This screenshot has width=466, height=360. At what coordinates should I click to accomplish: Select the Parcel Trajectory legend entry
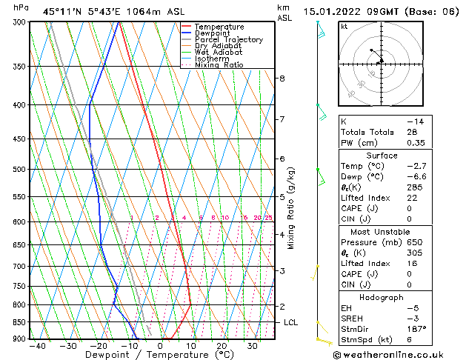[228, 40]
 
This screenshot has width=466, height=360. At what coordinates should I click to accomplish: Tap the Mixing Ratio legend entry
[219, 65]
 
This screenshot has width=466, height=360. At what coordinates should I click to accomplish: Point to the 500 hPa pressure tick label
[20, 170]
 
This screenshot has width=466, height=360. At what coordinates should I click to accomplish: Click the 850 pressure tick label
[20, 322]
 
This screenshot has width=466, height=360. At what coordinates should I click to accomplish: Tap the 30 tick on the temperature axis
[253, 346]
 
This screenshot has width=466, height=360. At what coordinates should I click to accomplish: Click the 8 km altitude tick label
[282, 79]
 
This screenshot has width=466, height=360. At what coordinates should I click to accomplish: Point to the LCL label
[290, 323]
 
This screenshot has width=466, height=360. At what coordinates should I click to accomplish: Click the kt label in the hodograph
[344, 27]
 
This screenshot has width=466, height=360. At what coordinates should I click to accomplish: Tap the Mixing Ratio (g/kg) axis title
[291, 208]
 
